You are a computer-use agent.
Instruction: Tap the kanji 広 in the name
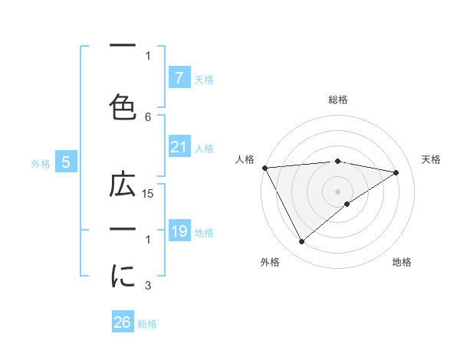pyautogui.click(x=123, y=185)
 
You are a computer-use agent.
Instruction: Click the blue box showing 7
pyautogui.click(x=179, y=77)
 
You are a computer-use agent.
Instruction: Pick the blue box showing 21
pyautogui.click(x=179, y=147)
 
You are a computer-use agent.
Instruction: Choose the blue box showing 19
pyautogui.click(x=179, y=231)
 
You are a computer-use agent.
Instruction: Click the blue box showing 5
pyautogui.click(x=66, y=162)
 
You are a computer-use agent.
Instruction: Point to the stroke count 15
pyautogui.click(x=149, y=194)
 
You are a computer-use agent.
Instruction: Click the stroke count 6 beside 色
pyautogui.click(x=149, y=116)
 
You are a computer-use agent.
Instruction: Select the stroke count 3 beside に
pyautogui.click(x=149, y=286)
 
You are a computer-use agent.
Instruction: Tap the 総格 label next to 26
pyautogui.click(x=147, y=324)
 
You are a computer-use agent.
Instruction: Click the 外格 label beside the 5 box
pyautogui.click(x=40, y=163)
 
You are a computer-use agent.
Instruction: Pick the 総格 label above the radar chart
pyautogui.click(x=337, y=100)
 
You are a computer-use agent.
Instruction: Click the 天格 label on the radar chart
pyautogui.click(x=432, y=159)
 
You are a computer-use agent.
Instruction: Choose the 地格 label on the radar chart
pyautogui.click(x=402, y=262)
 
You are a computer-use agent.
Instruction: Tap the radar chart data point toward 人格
pyautogui.click(x=264, y=167)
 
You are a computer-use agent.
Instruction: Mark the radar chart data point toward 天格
pyautogui.click(x=396, y=172)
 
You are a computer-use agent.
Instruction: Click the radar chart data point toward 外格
pyautogui.click(x=301, y=242)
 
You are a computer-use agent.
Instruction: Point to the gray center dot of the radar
pyautogui.click(x=337, y=191)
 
